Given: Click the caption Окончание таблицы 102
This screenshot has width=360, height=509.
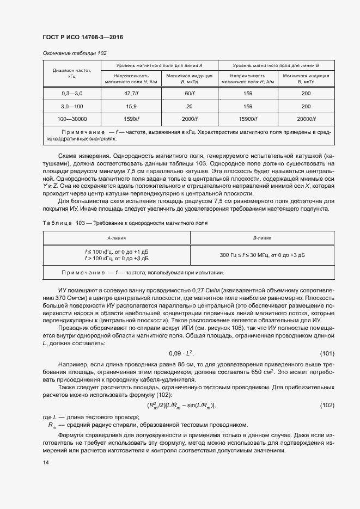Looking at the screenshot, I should [74, 53].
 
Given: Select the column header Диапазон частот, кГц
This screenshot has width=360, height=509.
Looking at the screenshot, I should [72, 73].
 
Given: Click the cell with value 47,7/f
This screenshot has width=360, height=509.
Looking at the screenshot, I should [131, 94].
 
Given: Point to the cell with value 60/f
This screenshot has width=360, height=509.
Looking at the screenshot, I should [190, 94].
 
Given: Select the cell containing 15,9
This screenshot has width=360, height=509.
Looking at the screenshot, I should [131, 106].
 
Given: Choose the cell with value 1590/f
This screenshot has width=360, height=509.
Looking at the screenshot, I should [131, 119].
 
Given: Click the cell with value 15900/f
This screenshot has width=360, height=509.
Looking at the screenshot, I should [248, 119].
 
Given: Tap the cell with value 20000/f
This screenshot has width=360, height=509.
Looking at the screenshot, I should [306, 119].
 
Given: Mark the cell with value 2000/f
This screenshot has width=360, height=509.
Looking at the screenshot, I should [190, 119].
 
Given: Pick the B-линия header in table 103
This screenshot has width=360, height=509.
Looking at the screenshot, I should [263, 238].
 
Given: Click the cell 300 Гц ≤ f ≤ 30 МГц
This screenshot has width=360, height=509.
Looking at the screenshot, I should [263, 255].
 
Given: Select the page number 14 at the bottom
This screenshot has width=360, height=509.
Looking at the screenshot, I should [45, 463].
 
